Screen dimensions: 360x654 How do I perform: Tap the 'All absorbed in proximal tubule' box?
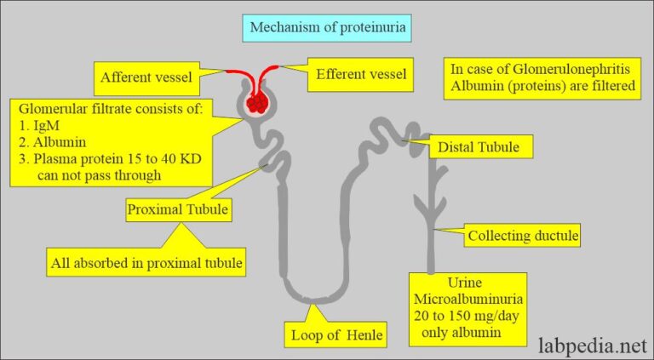[146, 263]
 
